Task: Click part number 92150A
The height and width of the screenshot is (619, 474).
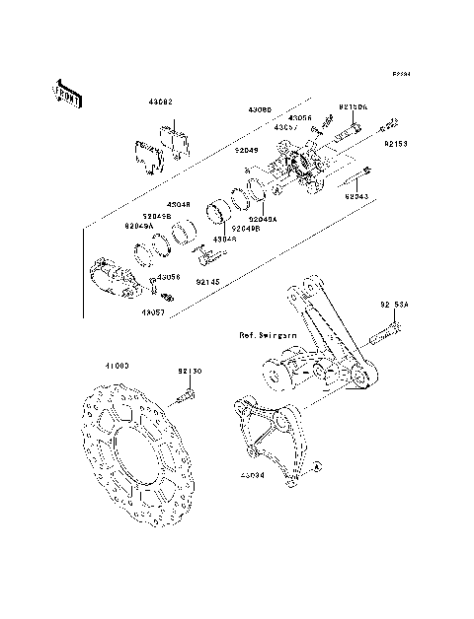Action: (x=353, y=107)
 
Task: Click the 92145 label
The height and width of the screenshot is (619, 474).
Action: (x=208, y=282)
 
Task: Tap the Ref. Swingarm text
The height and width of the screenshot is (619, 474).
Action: (x=268, y=335)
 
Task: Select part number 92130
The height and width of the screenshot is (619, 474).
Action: (x=191, y=372)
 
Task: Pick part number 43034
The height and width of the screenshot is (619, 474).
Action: (x=251, y=473)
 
